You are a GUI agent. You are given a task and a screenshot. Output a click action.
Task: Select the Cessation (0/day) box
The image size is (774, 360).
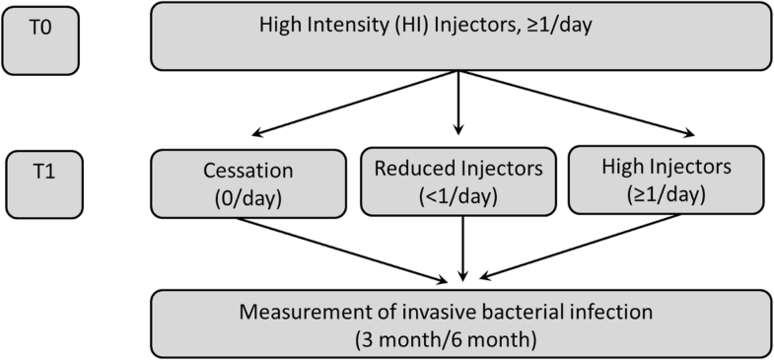click(x=248, y=182)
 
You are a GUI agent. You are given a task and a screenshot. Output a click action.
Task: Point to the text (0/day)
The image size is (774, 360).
click(x=248, y=195)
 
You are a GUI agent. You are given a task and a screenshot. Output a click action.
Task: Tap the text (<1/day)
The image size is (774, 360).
click(x=457, y=195)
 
